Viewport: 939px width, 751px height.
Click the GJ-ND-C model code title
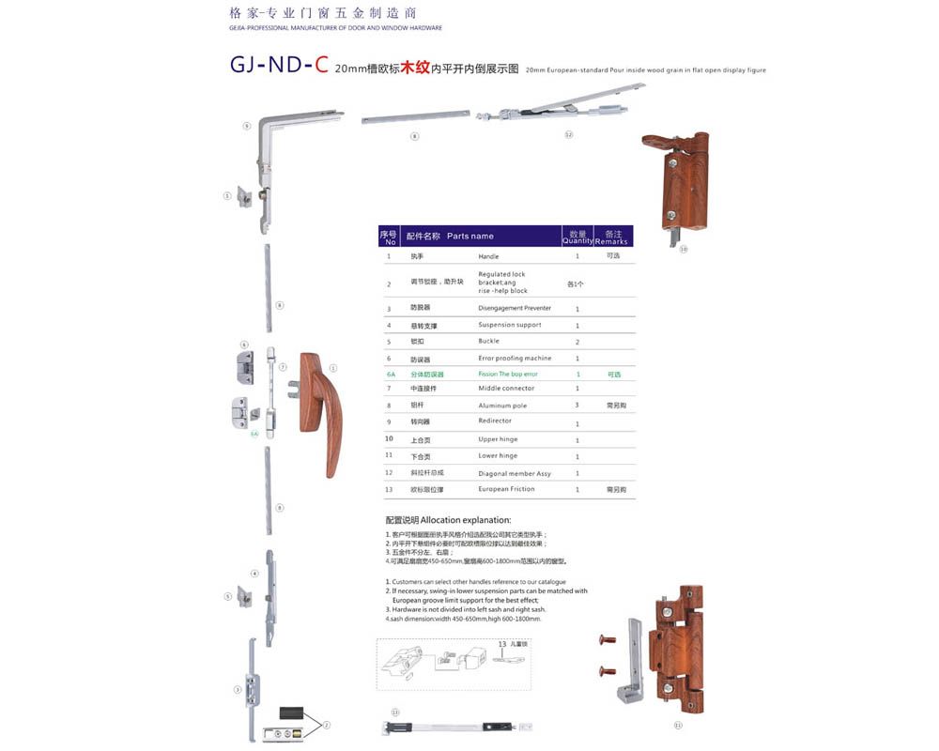(279, 66)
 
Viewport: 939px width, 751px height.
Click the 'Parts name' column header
(469, 236)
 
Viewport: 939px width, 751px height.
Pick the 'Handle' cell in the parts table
(488, 256)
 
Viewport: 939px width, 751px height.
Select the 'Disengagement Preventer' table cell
(515, 308)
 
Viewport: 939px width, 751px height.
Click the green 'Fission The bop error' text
(508, 374)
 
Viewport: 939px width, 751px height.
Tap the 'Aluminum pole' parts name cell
(502, 406)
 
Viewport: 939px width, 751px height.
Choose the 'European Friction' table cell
(506, 489)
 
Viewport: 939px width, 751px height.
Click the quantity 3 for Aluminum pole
(577, 405)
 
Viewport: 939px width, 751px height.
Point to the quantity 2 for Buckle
(577, 342)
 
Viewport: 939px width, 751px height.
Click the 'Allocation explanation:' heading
(448, 519)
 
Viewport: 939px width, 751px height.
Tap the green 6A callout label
(254, 436)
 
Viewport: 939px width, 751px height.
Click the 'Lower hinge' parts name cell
(498, 455)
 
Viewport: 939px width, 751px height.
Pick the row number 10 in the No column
(389, 438)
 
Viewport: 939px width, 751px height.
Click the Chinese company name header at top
(322, 13)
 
